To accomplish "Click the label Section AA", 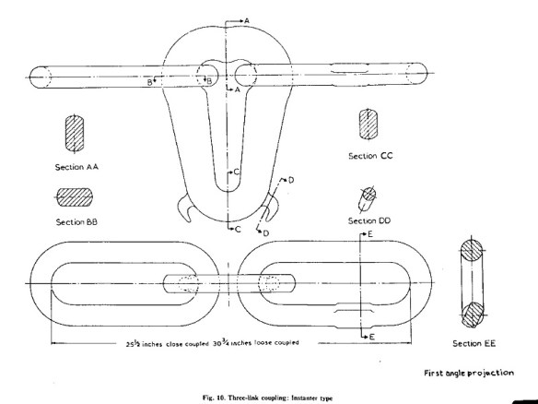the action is pos(76,167).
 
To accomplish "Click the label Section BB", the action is pos(76,222).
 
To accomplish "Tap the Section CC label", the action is pos(370,156).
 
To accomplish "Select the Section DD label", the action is pos(369,220).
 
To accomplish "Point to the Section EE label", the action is pos(474,343).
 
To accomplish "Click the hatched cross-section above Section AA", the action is pos(74,134).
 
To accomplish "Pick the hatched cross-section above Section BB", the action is pos(75,197).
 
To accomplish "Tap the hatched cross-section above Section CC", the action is pos(368,124).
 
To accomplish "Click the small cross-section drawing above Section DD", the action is pos(368,199).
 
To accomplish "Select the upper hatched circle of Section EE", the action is pos(471,250).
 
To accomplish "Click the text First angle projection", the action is pos(469,373).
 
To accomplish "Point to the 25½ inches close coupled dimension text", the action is pos(167,343).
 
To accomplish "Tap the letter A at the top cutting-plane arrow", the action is pos(247,21).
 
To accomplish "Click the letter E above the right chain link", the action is pos(370,234).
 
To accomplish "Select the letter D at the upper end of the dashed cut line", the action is pos(291,180).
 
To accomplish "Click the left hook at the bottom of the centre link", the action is pos(184,208).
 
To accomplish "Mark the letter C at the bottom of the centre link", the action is pos(239,229).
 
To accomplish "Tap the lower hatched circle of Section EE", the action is pos(473,315).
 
